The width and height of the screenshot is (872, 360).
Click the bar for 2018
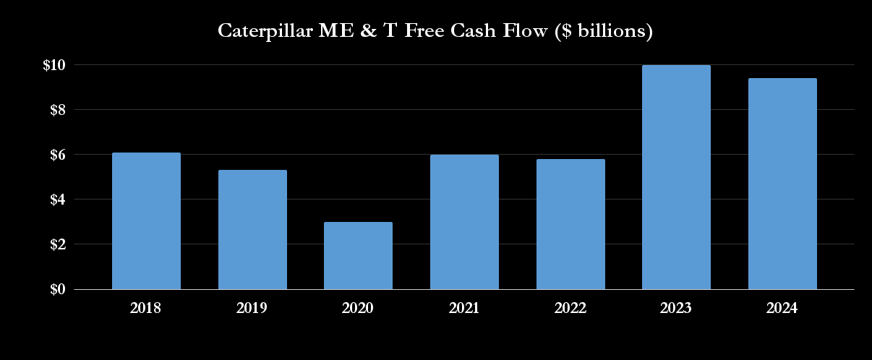pos(146,221)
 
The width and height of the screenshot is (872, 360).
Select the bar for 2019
pos(252,230)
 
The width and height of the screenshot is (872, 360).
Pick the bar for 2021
pos(464,222)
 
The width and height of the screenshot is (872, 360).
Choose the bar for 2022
pos(570,224)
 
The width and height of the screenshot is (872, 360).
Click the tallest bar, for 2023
pos(676,177)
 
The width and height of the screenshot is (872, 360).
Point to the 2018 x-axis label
pos(146,308)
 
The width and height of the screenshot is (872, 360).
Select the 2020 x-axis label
pos(358,308)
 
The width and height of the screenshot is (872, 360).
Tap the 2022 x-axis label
pos(570,308)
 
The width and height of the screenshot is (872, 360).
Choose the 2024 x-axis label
pos(782,308)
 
